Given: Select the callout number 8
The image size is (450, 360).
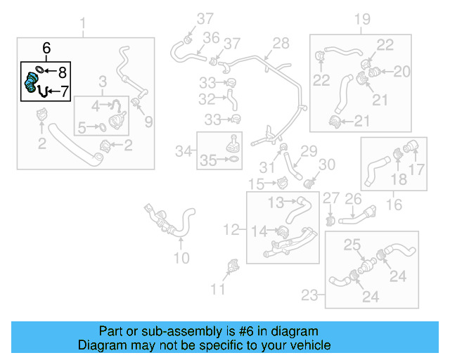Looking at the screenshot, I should [62, 71].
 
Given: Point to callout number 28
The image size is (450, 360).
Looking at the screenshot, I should [281, 44].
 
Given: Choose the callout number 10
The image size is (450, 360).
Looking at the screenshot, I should [181, 258].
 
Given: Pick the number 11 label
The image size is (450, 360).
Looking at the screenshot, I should [219, 288].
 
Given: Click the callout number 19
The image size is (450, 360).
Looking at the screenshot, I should [362, 19].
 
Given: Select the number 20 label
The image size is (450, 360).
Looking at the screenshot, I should [401, 70].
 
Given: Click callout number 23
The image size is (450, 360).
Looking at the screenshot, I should [309, 295].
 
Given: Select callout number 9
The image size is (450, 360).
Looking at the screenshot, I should [148, 122].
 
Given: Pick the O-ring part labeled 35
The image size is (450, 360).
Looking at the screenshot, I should [233, 160].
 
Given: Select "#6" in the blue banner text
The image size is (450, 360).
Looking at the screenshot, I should [232, 331].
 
